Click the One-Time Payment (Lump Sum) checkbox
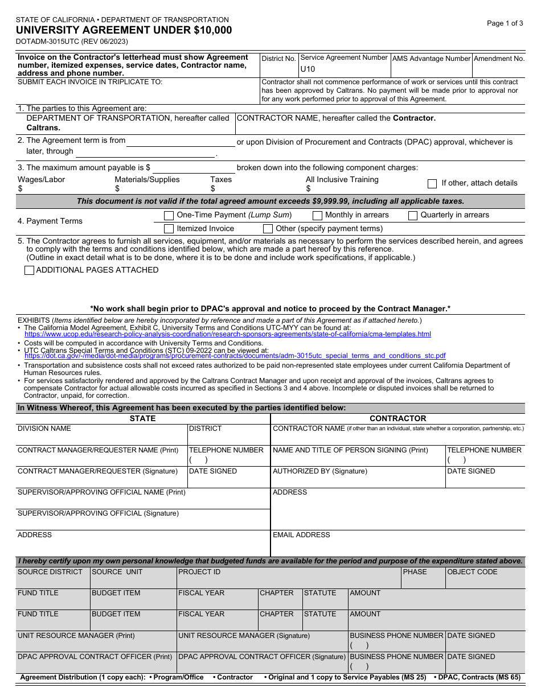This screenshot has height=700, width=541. pos(169,216)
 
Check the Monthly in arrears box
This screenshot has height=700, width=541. pos(317,216)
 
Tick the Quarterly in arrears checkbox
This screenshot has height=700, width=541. pos(413,216)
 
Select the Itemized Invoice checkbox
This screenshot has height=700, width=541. pos(169,229)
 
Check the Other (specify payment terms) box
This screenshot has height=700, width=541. pos(268,229)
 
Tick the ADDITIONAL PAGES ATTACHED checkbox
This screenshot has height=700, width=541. pos(29,271)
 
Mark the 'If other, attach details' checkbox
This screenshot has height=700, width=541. pos(432,184)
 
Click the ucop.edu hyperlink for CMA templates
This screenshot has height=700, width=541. pos(228,335)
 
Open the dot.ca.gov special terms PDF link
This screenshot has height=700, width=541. pos(235,356)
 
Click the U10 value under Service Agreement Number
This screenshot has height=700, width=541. pos(308,69)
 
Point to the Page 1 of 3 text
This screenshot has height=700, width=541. pos(505,23)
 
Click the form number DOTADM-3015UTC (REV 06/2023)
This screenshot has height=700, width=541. pos(72,42)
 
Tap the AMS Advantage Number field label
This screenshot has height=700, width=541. pos(432,59)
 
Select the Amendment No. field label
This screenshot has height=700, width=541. pos(499,59)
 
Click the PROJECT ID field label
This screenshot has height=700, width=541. pos(199,572)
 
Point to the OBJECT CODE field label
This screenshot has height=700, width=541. pos(472,572)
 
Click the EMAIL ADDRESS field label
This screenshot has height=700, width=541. pos(301,535)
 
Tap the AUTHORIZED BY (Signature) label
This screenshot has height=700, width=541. pos(320,471)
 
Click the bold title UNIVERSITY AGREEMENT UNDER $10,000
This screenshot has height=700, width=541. pos(124,31)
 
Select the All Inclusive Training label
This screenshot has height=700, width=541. pos(342,180)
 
